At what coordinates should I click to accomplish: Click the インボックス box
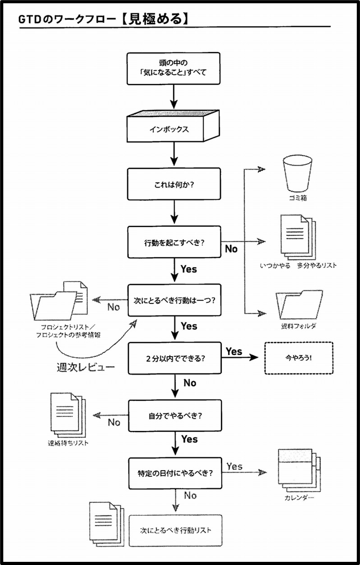pos(173,126)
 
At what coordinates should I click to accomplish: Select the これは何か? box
pos(174,184)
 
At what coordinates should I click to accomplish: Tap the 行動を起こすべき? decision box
pos(174,242)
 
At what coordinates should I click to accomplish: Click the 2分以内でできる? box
pos(175,358)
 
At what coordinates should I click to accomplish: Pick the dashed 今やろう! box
pos(299,358)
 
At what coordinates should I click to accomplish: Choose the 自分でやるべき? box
pos(175,416)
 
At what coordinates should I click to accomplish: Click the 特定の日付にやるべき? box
pos(176,473)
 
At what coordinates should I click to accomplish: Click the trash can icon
pos(298,174)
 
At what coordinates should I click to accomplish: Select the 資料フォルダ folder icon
pos(299,305)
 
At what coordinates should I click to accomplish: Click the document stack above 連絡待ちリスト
pos(68,415)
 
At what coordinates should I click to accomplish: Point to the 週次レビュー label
pos(86,368)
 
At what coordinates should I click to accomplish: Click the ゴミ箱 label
pos(298,198)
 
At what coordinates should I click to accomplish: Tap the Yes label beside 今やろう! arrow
pos(234,351)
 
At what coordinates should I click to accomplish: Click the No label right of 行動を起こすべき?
pos(231,249)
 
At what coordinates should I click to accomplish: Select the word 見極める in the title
pos(155,19)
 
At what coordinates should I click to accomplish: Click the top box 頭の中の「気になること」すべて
pos(173,68)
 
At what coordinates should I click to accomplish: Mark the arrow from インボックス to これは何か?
pos(174,153)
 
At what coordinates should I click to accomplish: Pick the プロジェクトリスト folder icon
pos(59,301)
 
